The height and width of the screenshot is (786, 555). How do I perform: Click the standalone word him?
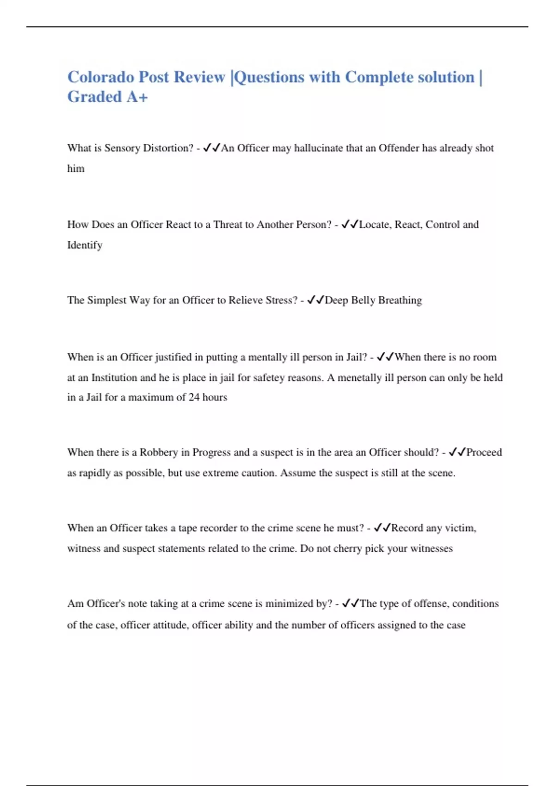(76, 169)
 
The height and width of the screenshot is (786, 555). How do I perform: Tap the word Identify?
(85, 245)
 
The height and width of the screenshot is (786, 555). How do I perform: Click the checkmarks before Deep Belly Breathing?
(315, 300)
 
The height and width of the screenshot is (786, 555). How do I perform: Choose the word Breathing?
(400, 300)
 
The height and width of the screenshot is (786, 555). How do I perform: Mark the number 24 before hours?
(194, 397)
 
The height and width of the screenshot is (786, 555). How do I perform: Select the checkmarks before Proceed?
(457, 452)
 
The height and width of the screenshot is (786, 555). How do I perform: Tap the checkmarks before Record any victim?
(382, 528)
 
